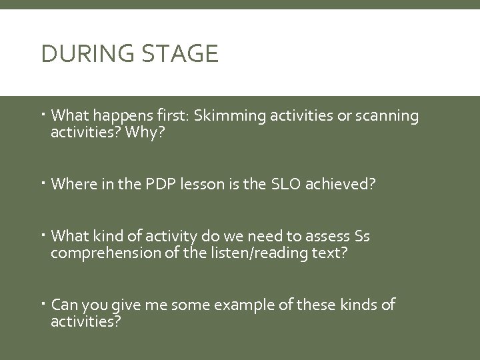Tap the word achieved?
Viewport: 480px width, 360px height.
(343, 183)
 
